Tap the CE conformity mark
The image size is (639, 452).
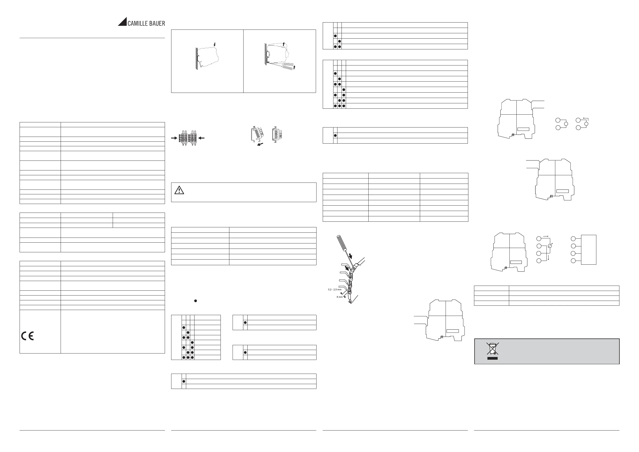coord(28,336)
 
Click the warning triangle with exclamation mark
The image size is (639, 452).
coord(179,190)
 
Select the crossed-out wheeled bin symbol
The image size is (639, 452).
coord(492,349)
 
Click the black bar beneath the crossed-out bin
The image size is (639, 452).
coord(492,358)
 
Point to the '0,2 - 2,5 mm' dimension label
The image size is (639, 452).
coord(335,290)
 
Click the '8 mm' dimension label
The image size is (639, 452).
coord(340,297)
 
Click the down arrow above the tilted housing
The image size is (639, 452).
coord(214,44)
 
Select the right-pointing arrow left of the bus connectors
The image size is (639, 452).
coord(174,138)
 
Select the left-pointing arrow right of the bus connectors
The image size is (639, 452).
coord(201,138)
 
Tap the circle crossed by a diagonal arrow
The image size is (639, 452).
coord(550,246)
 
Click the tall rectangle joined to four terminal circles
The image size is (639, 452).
coord(589,250)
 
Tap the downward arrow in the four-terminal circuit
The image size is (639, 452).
coord(548,258)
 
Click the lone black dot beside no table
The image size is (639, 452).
coord(196,301)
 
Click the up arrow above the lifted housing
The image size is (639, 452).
coord(284,44)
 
